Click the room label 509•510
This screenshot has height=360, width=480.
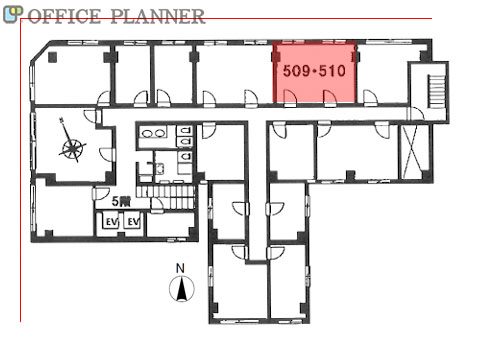314,71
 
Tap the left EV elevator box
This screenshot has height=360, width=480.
111,221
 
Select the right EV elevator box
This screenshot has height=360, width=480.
133,221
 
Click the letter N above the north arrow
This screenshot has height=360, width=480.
180,268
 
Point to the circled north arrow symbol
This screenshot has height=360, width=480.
182,289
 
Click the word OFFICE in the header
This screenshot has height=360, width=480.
64,16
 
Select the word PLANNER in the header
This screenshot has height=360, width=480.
157,16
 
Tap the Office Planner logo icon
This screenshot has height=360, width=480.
13,15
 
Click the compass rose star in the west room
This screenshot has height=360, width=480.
73,148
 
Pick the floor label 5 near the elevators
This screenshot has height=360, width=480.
116,201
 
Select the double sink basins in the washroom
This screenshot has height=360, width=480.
153,133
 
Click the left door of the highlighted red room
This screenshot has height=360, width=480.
290,97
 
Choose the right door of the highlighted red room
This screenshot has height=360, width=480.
330,97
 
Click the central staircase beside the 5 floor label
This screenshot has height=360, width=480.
166,197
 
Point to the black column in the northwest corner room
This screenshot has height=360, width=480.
53,57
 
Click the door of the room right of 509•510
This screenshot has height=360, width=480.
370,98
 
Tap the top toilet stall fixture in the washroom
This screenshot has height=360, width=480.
185,130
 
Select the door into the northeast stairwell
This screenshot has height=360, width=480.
415,113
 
